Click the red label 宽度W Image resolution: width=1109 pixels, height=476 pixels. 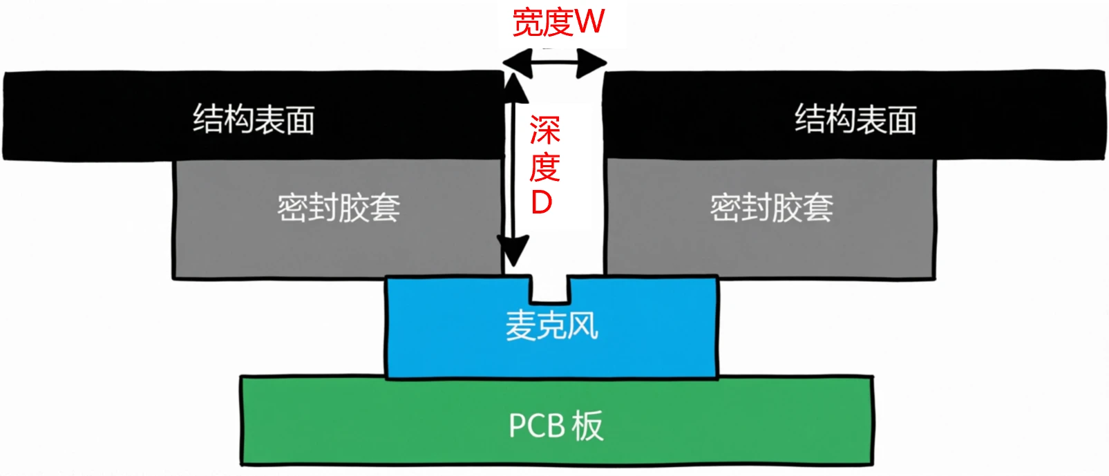pyautogui.click(x=558, y=22)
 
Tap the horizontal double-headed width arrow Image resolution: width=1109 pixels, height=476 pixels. pyautogui.click(x=554, y=64)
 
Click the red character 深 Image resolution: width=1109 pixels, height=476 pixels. pyautogui.click(x=544, y=130)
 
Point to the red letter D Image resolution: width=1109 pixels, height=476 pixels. pyautogui.click(x=542, y=202)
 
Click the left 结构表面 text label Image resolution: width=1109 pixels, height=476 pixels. pyautogui.click(x=254, y=119)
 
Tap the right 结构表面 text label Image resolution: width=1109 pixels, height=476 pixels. pyautogui.click(x=855, y=119)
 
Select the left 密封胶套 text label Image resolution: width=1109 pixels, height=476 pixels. pyautogui.click(x=339, y=207)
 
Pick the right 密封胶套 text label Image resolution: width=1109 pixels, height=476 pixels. pyautogui.click(x=772, y=207)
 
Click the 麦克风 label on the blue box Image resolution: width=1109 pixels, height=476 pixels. pyautogui.click(x=551, y=325)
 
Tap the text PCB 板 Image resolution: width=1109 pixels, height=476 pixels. pyautogui.click(x=556, y=426)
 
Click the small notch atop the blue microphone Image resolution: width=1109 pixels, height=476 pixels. pyautogui.click(x=551, y=289)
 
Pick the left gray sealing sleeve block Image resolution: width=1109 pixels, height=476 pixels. pyautogui.click(x=228, y=221)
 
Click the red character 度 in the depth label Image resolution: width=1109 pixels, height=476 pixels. pyautogui.click(x=544, y=166)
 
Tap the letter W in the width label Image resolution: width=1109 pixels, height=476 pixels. pyautogui.click(x=589, y=22)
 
